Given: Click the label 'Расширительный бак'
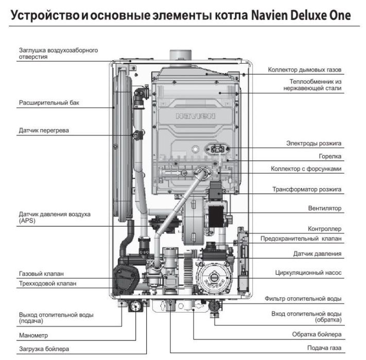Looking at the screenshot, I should click(49, 102).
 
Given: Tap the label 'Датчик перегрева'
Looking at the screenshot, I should click(44, 131).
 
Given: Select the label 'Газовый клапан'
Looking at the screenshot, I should click(41, 274).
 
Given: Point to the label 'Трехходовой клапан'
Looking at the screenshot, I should click(47, 283).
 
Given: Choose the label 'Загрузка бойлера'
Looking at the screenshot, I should click(44, 349).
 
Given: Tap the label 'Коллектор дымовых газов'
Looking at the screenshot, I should click(305, 69).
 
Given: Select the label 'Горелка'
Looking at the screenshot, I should click(329, 156).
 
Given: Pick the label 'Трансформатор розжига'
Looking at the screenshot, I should click(307, 189).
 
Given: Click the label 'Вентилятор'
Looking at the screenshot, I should click(324, 208).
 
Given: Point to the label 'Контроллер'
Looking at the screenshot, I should click(324, 228).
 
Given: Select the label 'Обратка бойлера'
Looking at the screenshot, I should click(316, 335).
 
